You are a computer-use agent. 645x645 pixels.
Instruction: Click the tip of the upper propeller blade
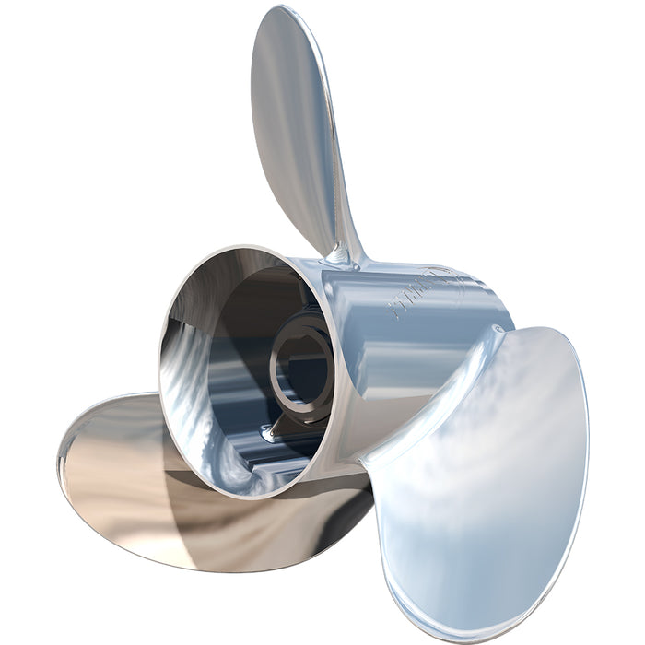[x=277, y=11]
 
